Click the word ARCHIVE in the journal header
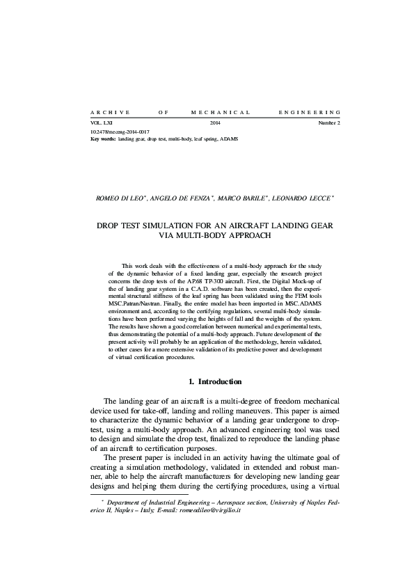pyautogui.click(x=106, y=111)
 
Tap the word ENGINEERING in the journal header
pyautogui.click(x=309, y=111)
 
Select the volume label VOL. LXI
pyautogui.click(x=102, y=123)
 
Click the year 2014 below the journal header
pyautogui.click(x=215, y=123)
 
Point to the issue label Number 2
pyautogui.click(x=329, y=123)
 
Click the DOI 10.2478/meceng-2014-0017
pyautogui.click(x=120, y=132)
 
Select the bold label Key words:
pyautogui.click(x=103, y=138)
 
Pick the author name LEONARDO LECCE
pyautogui.click(x=301, y=198)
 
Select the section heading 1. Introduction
pyautogui.click(x=215, y=382)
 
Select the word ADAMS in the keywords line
pyautogui.click(x=228, y=138)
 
